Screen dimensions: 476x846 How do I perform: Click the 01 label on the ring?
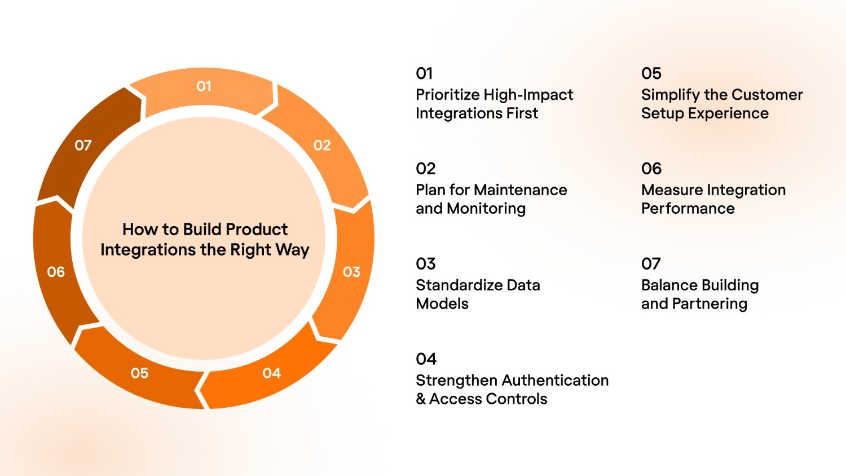204,86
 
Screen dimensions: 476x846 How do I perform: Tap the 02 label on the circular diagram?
322,146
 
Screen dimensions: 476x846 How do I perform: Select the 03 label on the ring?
351,272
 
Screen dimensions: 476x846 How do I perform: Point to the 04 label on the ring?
271,373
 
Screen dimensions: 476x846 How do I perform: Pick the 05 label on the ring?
139,373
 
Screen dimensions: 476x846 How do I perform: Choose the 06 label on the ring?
56,272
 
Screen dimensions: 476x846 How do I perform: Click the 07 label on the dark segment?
83,146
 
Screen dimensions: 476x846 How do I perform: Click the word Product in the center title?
257,230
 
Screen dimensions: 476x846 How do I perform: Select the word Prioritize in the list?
448,95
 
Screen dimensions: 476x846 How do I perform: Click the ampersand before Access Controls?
421,399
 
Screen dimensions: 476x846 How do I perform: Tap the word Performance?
688,209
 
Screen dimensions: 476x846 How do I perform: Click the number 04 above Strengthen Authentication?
426,359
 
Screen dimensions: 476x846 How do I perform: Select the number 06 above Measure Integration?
651,169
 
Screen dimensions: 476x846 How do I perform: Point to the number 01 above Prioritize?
424,73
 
